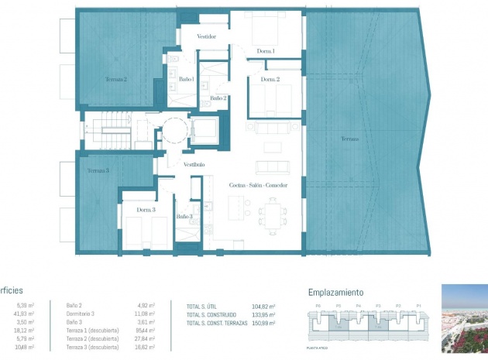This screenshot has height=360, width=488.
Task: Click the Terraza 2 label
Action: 116,79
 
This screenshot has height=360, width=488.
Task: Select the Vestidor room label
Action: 206,36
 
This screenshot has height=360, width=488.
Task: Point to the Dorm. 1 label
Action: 266,51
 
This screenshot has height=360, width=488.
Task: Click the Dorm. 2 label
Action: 270,79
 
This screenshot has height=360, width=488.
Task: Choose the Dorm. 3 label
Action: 146,210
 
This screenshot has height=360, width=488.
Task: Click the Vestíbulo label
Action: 194,164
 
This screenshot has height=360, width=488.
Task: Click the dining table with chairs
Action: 273,210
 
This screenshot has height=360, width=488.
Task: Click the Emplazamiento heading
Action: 335,293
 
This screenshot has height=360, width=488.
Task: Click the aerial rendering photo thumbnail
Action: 464,317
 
